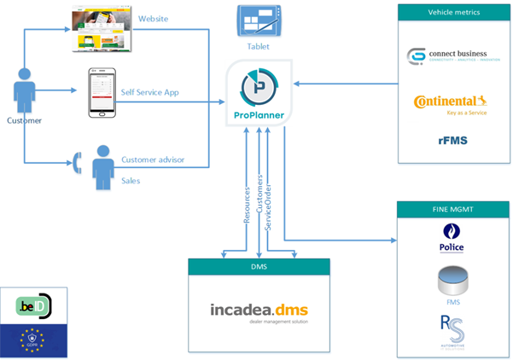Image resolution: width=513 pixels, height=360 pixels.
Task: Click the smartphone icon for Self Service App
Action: tap(102, 92)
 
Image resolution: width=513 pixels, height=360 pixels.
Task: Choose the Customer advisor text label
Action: tap(165, 160)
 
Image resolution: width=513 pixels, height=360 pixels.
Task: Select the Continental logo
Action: tap(450, 103)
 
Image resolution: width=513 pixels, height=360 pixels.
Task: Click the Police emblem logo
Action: tap(452, 238)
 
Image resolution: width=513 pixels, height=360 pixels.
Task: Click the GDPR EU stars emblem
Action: tap(35, 340)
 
